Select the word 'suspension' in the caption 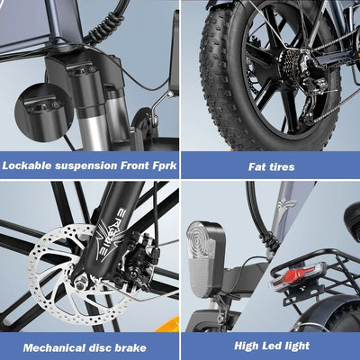pyautogui.click(x=88, y=166)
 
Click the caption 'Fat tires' pyautogui.click(x=271, y=166)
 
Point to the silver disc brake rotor pyautogui.click(x=54, y=270)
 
